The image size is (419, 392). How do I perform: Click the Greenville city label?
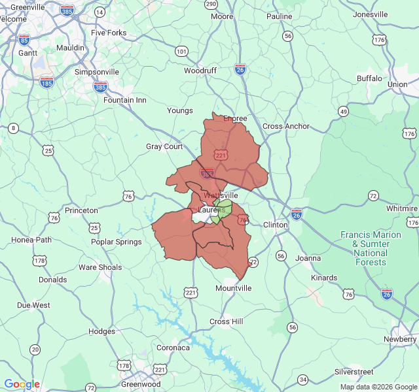coord(27,7)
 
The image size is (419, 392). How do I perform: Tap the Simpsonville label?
coord(97,72)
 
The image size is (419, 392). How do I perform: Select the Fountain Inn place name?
coord(125,101)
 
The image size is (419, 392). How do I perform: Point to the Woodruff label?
coord(200,71)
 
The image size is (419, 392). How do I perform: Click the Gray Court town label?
coord(164,147)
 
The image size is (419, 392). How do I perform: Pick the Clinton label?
coord(275,225)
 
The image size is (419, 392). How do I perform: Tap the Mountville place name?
coord(234,288)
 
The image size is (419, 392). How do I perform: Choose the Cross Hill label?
coord(226,321)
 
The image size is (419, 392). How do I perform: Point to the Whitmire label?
coord(401,208)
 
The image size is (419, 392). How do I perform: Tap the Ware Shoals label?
coord(100,267)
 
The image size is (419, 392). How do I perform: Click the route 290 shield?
coord(211,4)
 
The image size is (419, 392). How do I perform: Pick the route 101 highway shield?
coord(181,52)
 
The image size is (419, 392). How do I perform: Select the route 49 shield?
coord(343,112)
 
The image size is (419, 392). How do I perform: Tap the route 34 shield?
coord(302,379)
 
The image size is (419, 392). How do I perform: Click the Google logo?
coord(22,384)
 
